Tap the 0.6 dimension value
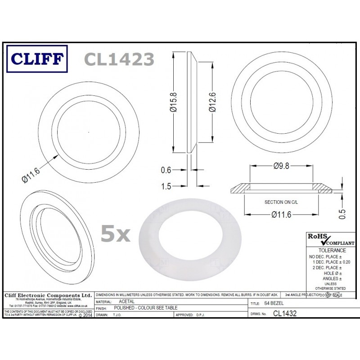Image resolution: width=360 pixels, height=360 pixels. [x=167, y=170]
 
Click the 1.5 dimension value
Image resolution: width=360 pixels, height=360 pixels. [x=167, y=185]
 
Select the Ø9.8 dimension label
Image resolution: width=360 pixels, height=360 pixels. [x=282, y=166]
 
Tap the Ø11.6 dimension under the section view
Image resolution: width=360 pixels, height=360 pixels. [x=282, y=215]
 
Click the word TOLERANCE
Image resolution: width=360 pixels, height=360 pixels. [x=332, y=250]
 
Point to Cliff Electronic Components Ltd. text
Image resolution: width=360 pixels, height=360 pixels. [x=47, y=295]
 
